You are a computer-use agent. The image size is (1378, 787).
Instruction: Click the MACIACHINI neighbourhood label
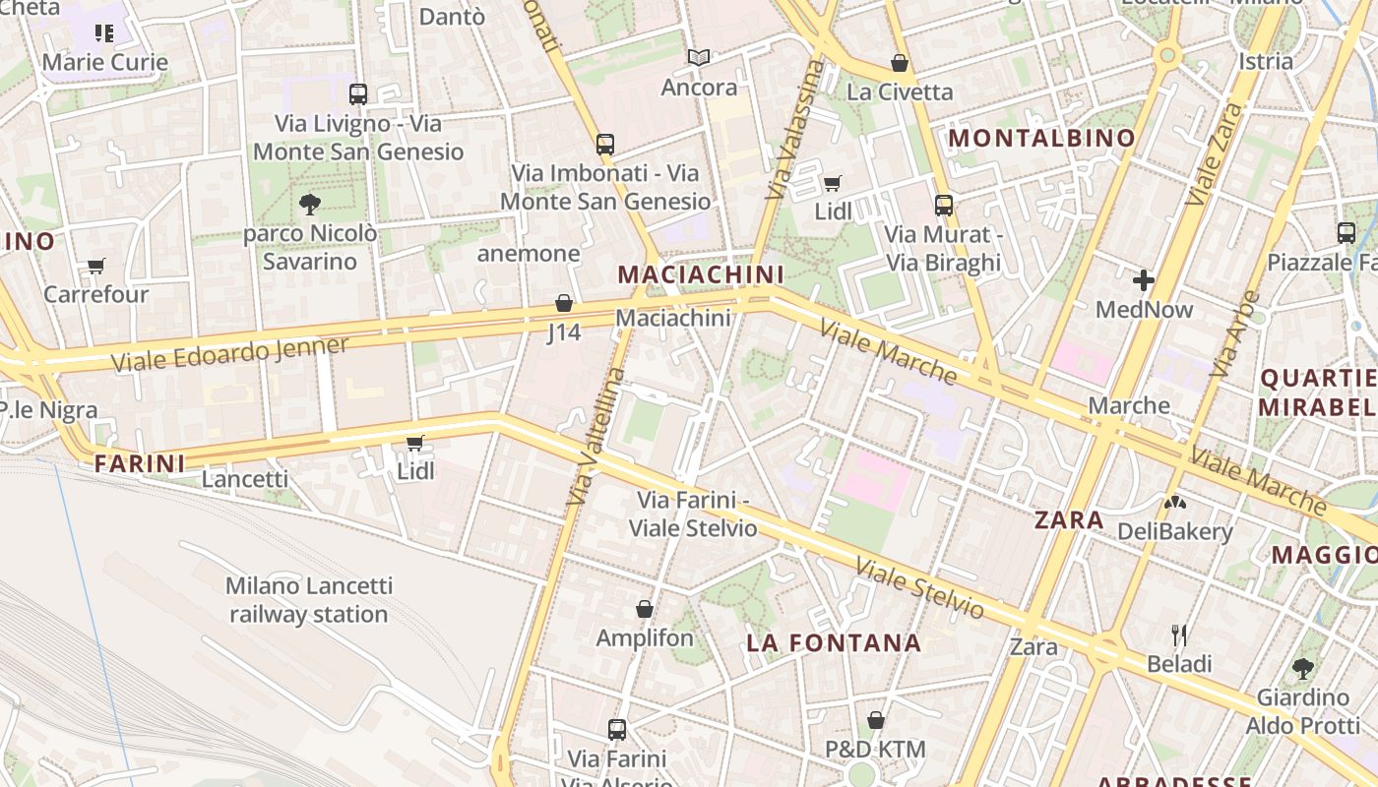pyautogui.click(x=700, y=274)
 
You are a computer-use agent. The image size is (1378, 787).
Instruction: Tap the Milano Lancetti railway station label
pyautogui.click(x=309, y=600)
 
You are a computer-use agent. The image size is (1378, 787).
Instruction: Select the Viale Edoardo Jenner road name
pyautogui.click(x=229, y=354)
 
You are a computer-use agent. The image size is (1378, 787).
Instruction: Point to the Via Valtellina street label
pyautogui.click(x=596, y=437)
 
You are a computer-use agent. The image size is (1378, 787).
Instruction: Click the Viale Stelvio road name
pyautogui.click(x=918, y=588)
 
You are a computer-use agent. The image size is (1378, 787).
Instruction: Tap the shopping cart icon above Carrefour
pyautogui.click(x=96, y=266)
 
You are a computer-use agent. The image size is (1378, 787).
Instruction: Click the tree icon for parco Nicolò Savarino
pyautogui.click(x=310, y=205)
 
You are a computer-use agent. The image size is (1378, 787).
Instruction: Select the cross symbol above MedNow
pyautogui.click(x=1143, y=281)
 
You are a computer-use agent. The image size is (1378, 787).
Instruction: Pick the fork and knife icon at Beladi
pyautogui.click(x=1179, y=635)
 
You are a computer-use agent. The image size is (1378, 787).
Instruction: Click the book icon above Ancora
pyautogui.click(x=699, y=58)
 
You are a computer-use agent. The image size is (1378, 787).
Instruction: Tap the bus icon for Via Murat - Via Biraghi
pyautogui.click(x=943, y=206)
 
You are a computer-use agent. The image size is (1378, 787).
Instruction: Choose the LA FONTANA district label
pyautogui.click(x=834, y=643)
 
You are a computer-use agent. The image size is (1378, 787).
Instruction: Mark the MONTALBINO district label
pyautogui.click(x=1041, y=138)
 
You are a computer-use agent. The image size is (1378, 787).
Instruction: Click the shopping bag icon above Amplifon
pyautogui.click(x=645, y=609)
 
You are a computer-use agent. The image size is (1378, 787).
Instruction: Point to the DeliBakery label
pyautogui.click(x=1174, y=531)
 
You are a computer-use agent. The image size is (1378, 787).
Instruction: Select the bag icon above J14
pyautogui.click(x=564, y=303)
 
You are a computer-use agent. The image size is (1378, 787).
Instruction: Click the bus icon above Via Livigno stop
pyautogui.click(x=358, y=94)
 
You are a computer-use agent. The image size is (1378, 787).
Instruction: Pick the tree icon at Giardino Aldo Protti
pyautogui.click(x=1302, y=669)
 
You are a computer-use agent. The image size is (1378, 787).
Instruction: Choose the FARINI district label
pyautogui.click(x=140, y=463)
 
